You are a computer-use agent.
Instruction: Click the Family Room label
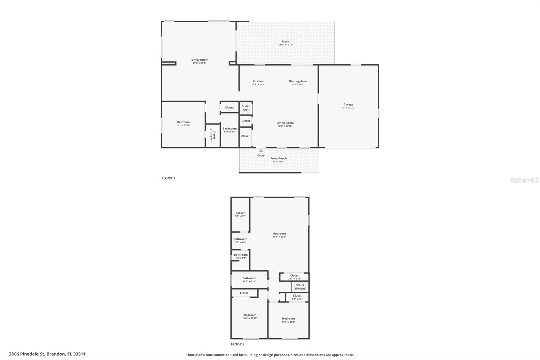point(199,60)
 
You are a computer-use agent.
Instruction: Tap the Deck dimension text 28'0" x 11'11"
point(286,45)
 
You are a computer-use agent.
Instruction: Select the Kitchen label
point(258,81)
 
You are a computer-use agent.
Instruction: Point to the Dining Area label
point(298,81)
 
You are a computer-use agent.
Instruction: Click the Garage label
point(348,105)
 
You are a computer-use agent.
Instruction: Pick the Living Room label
point(285,123)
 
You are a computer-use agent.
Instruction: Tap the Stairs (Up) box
point(246,108)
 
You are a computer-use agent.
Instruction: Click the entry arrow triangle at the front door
point(261,151)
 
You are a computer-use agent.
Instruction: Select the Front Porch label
point(278,158)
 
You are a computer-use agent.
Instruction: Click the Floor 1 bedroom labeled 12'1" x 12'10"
point(183,124)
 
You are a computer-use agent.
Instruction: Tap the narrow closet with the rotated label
point(213,135)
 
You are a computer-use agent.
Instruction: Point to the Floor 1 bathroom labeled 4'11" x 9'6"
point(230,130)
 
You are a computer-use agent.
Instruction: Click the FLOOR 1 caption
point(168,178)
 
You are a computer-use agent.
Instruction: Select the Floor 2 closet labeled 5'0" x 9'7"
point(240,214)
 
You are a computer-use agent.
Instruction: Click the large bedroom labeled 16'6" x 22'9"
point(279,235)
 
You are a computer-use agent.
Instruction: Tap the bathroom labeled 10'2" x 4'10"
point(249,280)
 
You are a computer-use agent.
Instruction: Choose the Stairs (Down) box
point(300,287)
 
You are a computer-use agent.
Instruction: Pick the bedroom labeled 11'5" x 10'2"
point(289,320)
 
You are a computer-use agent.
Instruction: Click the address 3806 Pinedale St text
point(47,354)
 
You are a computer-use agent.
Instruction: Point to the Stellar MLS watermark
point(524,180)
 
